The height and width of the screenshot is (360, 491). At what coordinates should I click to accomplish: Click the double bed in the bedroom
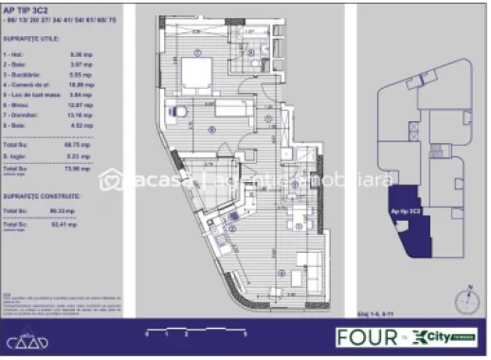(198, 74)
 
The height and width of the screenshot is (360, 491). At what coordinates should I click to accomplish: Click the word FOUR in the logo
(360, 335)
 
